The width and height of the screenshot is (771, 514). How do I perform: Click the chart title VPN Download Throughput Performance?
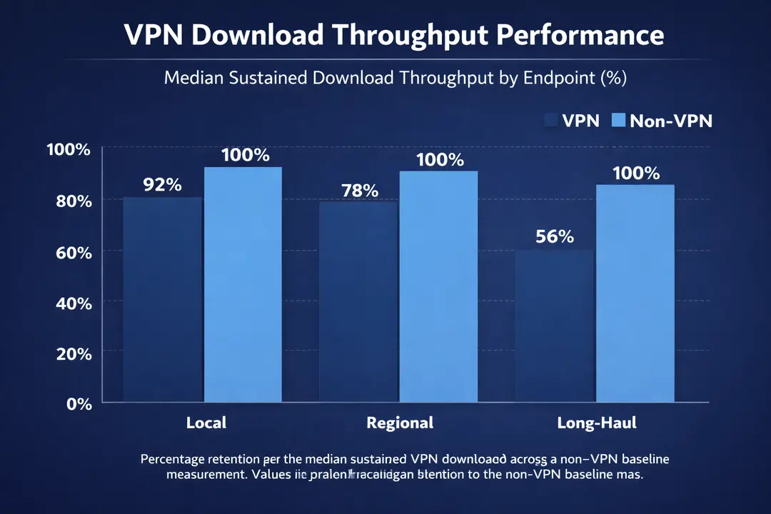pos(394,35)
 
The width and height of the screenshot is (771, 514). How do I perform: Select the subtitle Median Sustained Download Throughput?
pos(395,78)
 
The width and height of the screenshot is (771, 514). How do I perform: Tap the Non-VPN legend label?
pos(670,121)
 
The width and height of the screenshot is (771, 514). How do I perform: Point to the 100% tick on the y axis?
pos(69,150)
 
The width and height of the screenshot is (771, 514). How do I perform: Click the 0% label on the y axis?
pos(79,404)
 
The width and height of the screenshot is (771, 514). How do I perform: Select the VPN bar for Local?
pos(163,300)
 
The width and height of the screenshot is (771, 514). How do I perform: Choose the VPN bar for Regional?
pos(359,301)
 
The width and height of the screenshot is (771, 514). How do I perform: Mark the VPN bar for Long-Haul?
pos(555,326)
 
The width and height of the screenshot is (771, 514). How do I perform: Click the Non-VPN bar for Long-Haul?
pos(635,293)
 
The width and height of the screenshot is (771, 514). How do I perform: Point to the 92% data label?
pos(162,185)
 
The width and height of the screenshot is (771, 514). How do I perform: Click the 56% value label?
pos(555,236)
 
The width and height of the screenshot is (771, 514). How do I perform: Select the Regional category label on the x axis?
pos(400,423)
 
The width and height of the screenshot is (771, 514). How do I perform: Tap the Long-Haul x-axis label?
pos(596,423)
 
